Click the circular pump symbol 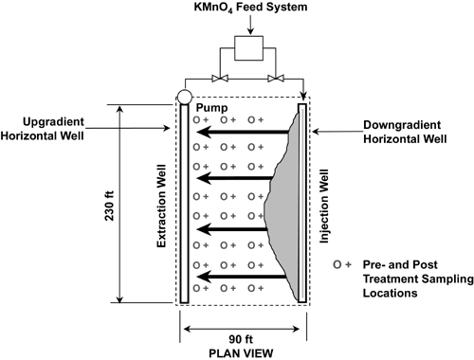tap(184, 97)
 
